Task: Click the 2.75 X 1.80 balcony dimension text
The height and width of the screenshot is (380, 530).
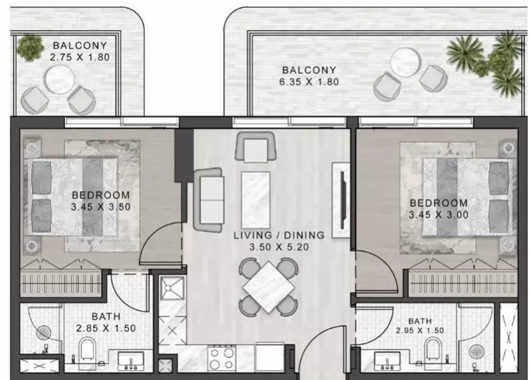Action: tap(80, 57)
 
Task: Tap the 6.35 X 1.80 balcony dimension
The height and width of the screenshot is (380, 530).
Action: tap(309, 82)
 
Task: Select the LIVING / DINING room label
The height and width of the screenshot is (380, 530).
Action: tap(279, 235)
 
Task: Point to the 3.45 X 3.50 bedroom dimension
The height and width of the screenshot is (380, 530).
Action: tap(101, 207)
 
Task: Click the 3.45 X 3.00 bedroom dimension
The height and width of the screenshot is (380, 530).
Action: tap(438, 215)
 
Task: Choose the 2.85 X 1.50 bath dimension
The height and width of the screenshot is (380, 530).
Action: tap(106, 328)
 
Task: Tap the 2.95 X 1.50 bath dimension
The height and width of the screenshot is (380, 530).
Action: tap(420, 330)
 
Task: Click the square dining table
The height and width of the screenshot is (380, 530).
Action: tap(269, 287)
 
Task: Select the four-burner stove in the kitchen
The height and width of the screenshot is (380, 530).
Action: tap(222, 358)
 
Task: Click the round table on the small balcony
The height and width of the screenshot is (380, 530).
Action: tap(59, 80)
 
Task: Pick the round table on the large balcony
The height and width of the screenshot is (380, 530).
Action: tap(405, 63)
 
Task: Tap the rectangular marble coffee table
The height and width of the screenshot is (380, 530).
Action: tap(256, 200)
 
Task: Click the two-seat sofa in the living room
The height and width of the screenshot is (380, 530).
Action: tap(209, 200)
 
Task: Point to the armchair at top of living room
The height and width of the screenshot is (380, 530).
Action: tap(256, 147)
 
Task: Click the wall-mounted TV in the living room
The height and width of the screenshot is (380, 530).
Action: tap(342, 200)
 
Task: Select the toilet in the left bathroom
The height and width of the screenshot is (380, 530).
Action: tap(88, 351)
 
